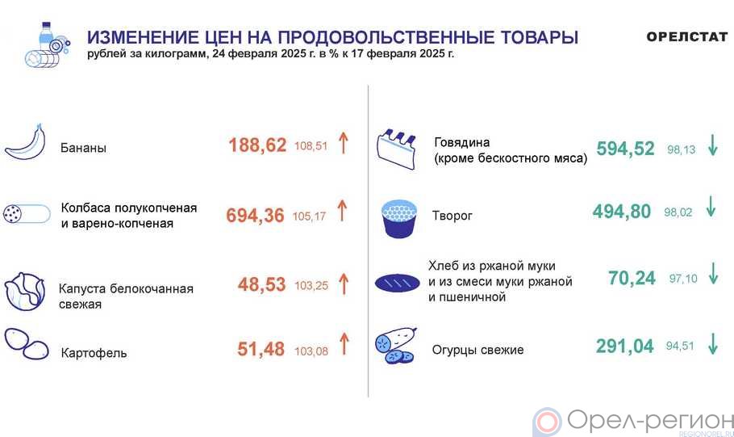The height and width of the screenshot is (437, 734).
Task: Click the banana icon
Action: (x=26, y=142)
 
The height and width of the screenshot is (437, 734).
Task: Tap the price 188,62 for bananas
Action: (x=257, y=145)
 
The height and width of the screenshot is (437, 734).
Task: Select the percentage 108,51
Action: (x=311, y=146)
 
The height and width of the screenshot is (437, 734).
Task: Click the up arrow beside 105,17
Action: (x=343, y=211)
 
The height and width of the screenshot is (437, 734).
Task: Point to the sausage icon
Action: (x=27, y=214)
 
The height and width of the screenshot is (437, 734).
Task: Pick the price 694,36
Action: (x=255, y=215)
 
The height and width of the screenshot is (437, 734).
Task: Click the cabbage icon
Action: (x=25, y=291)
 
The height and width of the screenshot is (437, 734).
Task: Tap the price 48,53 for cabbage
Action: (x=261, y=284)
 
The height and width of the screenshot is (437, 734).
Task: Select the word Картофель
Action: (x=94, y=353)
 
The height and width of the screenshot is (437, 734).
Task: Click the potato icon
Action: (x=27, y=343)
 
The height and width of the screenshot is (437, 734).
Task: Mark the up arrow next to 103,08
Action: (x=344, y=343)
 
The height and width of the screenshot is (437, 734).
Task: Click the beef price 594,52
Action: (x=625, y=149)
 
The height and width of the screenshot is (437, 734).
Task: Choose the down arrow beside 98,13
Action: (x=713, y=145)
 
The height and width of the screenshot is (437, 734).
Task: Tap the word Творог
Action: (x=452, y=216)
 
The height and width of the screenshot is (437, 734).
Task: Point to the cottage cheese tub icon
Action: (x=399, y=219)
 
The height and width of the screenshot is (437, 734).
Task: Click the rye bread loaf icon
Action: (x=398, y=283)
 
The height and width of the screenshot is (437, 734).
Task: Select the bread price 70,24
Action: (x=632, y=278)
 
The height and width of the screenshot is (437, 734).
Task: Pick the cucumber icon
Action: (x=396, y=346)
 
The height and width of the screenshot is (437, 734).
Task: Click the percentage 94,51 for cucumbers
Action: (x=680, y=346)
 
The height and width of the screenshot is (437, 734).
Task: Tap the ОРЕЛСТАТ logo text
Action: (x=686, y=36)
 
